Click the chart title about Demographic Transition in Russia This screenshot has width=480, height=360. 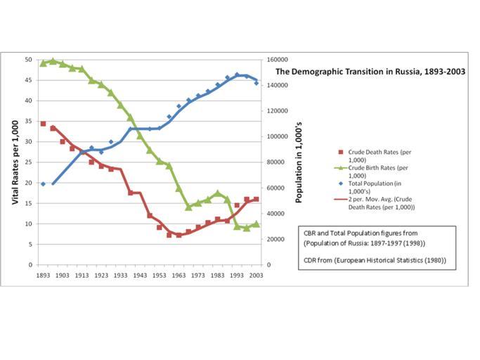coord(370,72)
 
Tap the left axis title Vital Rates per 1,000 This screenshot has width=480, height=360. coord(15,162)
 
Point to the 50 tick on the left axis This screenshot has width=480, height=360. coord(28,60)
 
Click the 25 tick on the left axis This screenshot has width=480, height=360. coord(28,162)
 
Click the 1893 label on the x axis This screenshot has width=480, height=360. coord(43,276)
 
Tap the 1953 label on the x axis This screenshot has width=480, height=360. coord(159,276)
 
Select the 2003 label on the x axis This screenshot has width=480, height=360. coord(257,276)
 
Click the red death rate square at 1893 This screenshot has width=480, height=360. coord(43,124)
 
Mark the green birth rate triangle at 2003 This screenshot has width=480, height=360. coord(257,224)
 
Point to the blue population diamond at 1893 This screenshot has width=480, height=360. coord(43,184)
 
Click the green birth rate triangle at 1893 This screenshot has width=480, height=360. coord(43,63)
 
